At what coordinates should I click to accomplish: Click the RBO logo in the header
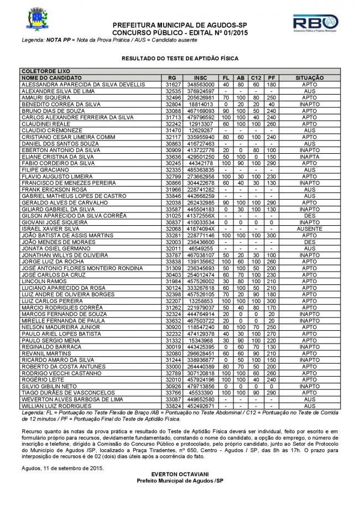pyautogui.click(x=315, y=24)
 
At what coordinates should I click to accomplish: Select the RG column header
pyautogui.click(x=173, y=78)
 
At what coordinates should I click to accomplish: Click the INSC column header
pyautogui.click(x=201, y=78)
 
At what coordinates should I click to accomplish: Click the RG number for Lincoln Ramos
pyautogui.click(x=173, y=282)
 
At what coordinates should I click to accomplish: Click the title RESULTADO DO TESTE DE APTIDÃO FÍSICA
pyautogui.click(x=180, y=57)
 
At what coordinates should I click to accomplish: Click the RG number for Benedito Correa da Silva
pyautogui.click(x=173, y=102)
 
